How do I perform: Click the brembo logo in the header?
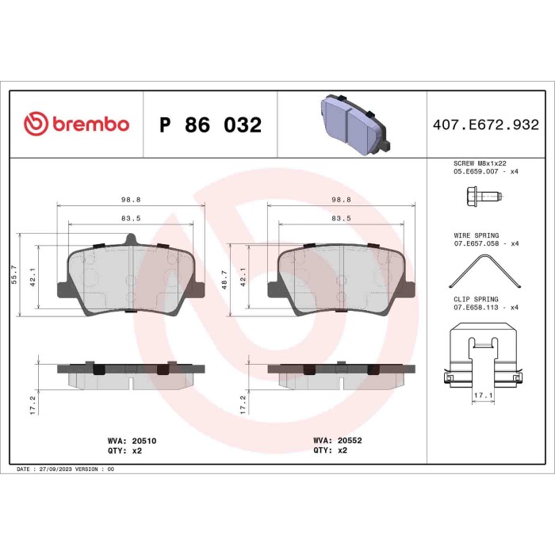tap(76, 124)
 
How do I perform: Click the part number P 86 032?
tap(210, 125)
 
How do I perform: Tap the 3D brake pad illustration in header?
tap(352, 124)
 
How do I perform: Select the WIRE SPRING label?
tap(477, 236)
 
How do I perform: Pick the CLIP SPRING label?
tap(477, 299)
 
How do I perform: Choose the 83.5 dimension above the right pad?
tap(342, 217)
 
